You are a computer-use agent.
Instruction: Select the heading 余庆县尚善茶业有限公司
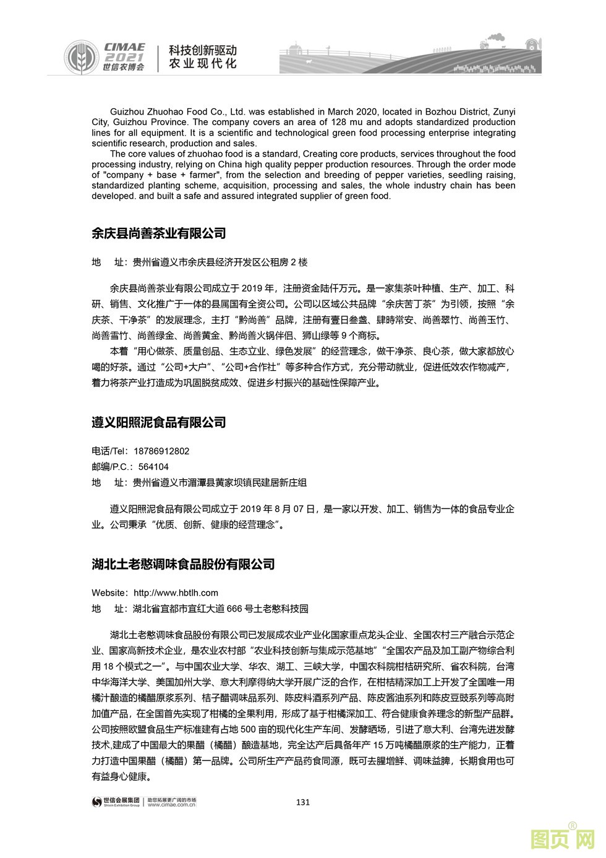[158, 233]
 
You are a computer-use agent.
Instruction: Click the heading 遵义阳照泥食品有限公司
[158, 423]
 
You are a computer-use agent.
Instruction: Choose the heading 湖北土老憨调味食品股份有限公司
[183, 565]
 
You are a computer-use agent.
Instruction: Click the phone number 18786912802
[161, 451]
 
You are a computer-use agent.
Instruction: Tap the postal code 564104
[153, 467]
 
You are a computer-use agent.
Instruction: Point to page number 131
[303, 802]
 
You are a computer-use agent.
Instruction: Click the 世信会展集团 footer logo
[116, 802]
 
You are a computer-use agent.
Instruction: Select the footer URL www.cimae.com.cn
[172, 805]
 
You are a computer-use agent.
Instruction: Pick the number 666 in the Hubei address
[234, 609]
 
